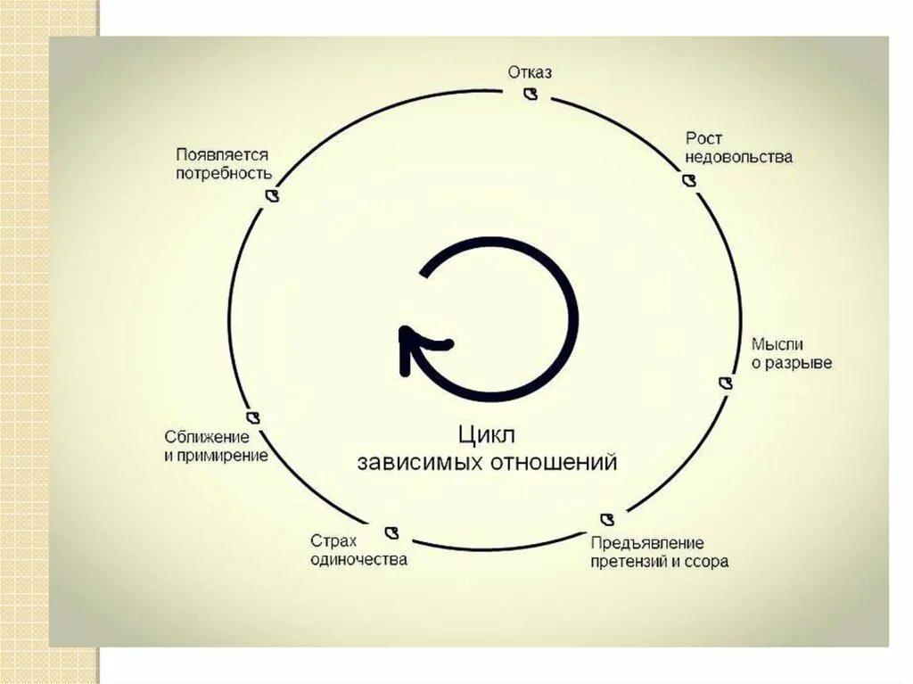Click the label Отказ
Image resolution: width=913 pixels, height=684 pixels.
(530, 72)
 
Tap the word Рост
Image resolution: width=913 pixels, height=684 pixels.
(703, 138)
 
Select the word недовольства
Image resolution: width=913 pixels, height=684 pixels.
(739, 158)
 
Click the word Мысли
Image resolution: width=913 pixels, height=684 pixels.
(777, 344)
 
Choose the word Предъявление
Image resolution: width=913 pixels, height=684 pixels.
(647, 543)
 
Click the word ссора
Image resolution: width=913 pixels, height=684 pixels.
(707, 562)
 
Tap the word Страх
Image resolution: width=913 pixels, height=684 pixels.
(333, 540)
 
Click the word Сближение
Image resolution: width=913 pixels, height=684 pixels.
(206, 436)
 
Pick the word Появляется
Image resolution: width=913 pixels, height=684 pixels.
(222, 154)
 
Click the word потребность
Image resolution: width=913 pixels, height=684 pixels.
(224, 174)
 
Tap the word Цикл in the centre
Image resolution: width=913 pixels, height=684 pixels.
(487, 434)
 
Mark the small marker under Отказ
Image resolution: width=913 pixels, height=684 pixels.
(531, 94)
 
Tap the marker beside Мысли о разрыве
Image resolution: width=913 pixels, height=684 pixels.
(726, 383)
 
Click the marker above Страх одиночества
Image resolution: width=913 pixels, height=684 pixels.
(391, 532)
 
